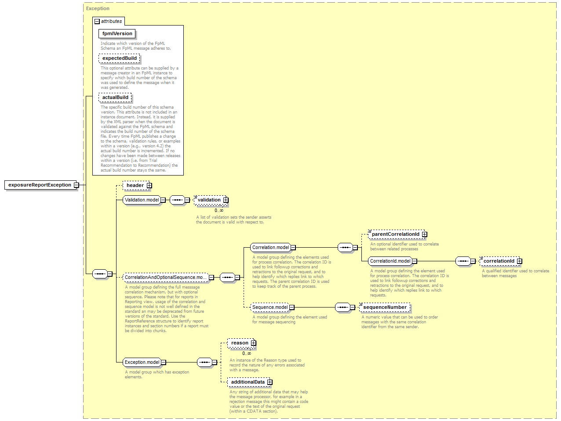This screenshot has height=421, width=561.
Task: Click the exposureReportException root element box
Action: (40, 185)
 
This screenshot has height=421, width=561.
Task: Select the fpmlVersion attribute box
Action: (117, 33)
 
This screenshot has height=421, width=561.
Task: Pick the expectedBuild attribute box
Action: (119, 58)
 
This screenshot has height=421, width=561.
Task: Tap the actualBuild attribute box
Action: (115, 97)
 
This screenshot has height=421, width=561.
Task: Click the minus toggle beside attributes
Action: (97, 22)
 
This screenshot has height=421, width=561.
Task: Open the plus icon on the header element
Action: (149, 186)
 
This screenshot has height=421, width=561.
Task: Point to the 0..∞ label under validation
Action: (219, 210)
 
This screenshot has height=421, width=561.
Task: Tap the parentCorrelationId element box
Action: (397, 234)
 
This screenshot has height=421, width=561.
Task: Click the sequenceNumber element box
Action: (385, 307)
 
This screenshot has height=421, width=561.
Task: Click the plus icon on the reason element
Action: (253, 343)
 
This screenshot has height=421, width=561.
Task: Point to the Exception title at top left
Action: (98, 8)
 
